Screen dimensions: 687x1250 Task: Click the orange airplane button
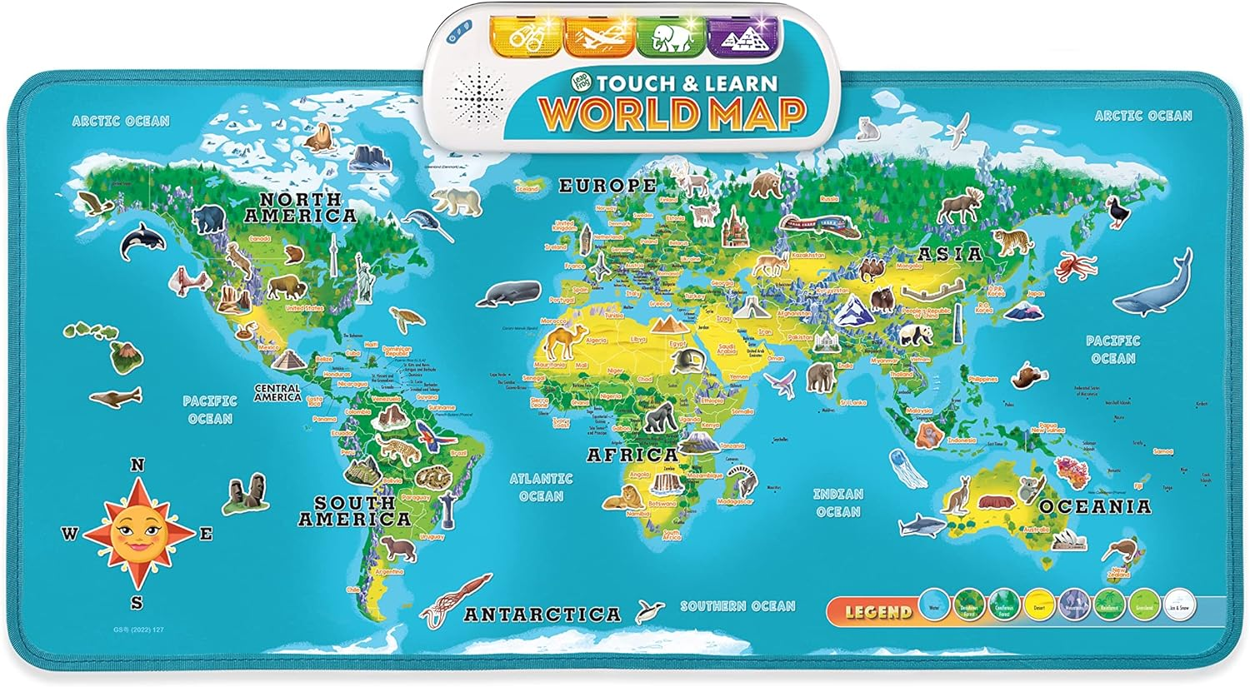pyautogui.click(x=597, y=37)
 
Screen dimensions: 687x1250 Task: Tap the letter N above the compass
pyautogui.click(x=137, y=465)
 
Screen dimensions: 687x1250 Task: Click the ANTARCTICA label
pyautogui.click(x=542, y=615)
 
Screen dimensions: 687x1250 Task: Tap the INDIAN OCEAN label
pyautogui.click(x=837, y=503)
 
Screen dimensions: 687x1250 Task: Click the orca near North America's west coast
pyautogui.click(x=136, y=241)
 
